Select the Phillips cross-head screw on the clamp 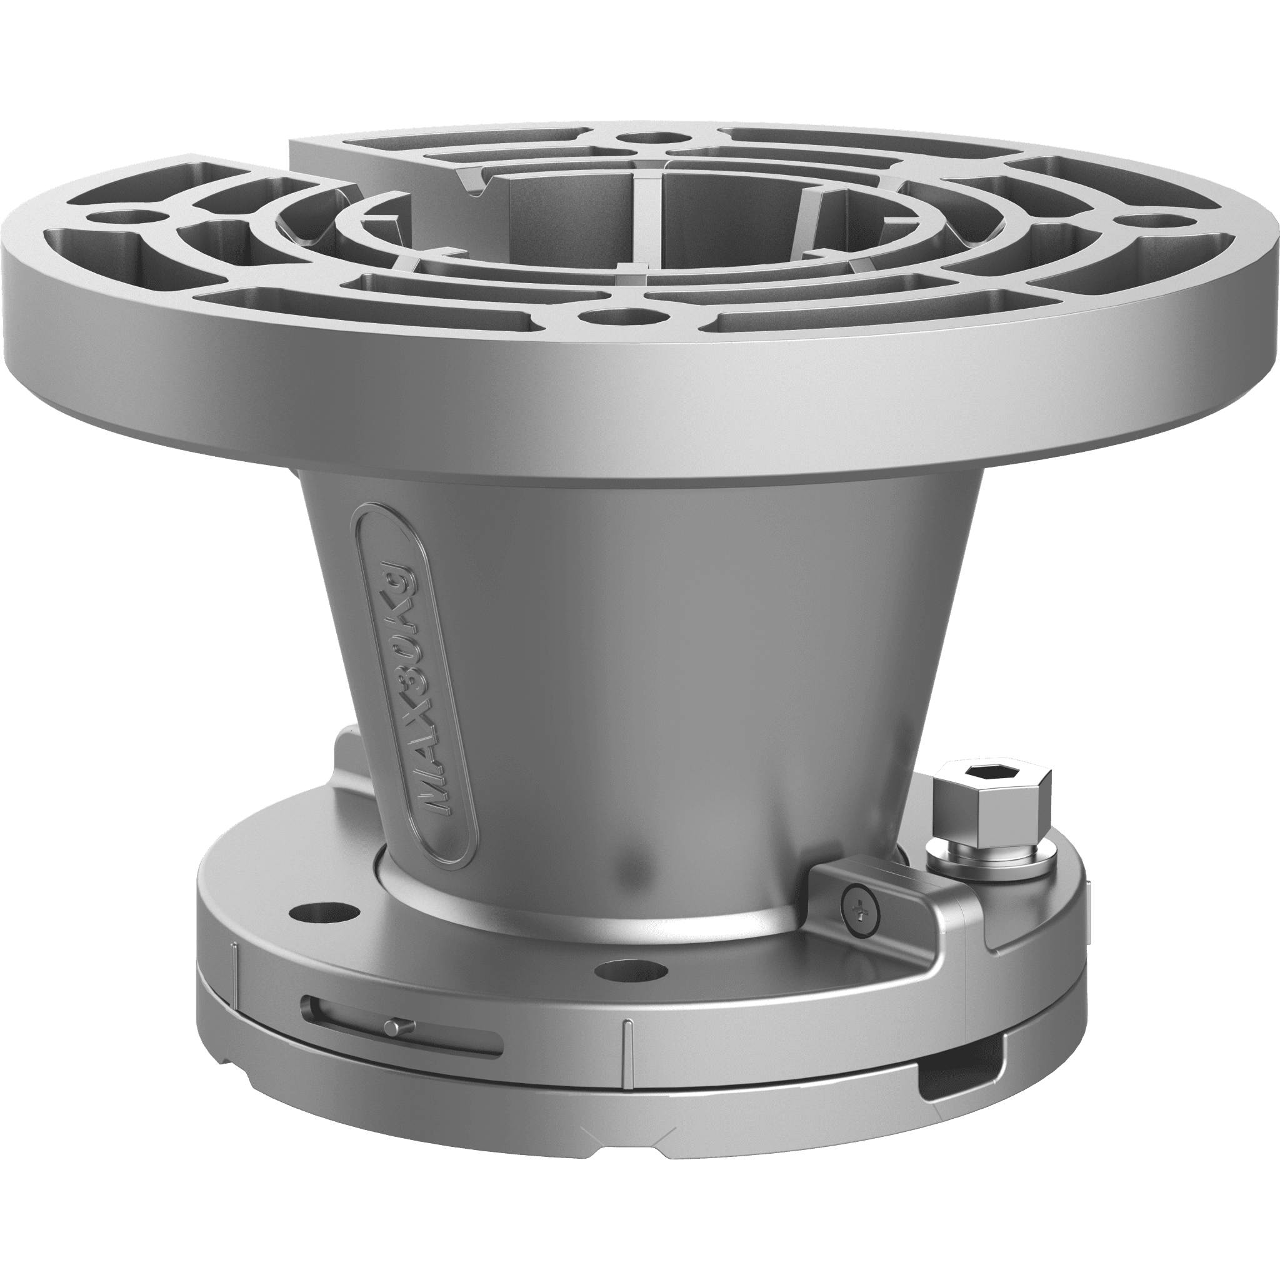click(861, 914)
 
